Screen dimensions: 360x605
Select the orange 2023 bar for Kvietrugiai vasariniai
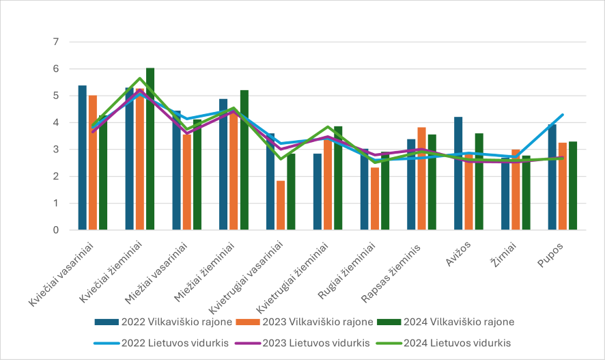click(281, 205)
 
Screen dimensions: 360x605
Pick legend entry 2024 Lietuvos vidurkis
click(457, 342)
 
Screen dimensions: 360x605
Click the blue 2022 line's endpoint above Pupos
click(561, 115)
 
